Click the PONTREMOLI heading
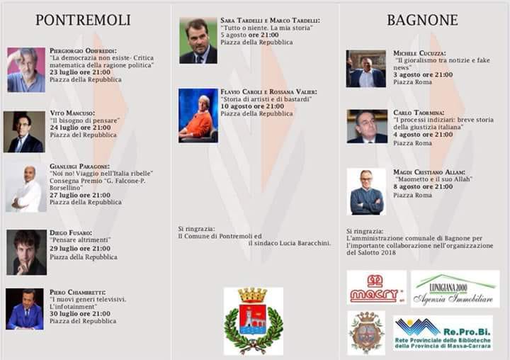pos(83,20)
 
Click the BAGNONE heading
pos(421,20)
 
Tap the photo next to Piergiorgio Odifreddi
pos(26,70)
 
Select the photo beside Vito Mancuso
pos(24,132)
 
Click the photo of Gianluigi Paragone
pos(26,188)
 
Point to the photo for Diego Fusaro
pos(26,252)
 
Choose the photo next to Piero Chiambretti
pos(25,309)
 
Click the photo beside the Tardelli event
pos(198,41)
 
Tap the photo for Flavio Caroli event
pos(198,116)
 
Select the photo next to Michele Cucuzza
pos(367,69)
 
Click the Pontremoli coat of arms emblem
pos(254,320)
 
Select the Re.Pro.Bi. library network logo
pos(443,333)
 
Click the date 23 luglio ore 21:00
pos(80,72)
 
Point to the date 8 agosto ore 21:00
pos(423,186)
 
